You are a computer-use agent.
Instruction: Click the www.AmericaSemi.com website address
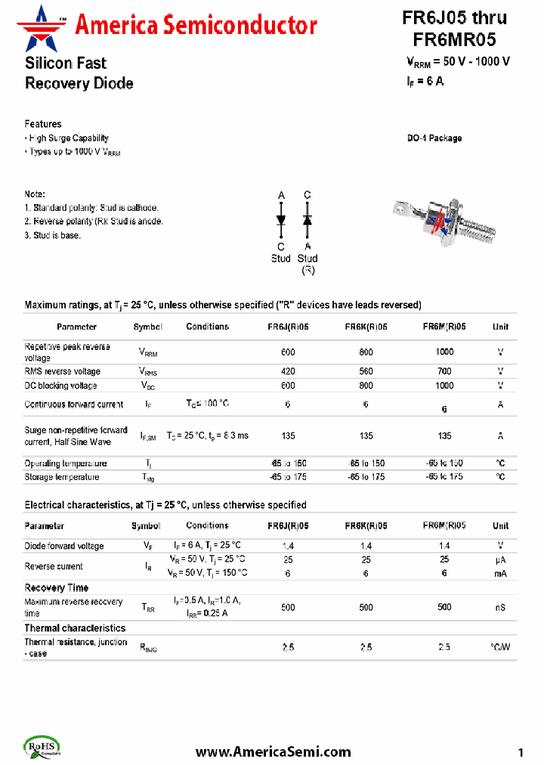point(273,751)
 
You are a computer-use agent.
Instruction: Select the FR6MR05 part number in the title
point(454,40)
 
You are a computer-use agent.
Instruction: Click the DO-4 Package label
point(434,138)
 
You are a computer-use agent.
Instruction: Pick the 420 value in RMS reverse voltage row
point(288,371)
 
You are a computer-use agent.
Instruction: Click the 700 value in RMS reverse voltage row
point(444,371)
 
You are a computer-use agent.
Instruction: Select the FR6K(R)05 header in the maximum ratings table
point(366,327)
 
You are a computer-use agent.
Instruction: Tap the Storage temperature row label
point(62,477)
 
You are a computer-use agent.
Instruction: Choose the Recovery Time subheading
point(57,587)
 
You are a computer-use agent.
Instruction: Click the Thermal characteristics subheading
point(75,627)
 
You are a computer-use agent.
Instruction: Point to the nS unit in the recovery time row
point(500,607)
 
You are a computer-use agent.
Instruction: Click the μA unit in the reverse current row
point(500,559)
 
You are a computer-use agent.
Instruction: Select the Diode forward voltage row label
point(64,546)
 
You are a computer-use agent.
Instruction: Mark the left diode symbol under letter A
point(281,220)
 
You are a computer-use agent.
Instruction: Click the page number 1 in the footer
point(521,752)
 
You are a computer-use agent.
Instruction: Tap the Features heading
point(43,124)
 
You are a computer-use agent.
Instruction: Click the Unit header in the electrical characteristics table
point(500,525)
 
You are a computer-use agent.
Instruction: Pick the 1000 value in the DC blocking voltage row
point(444,385)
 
